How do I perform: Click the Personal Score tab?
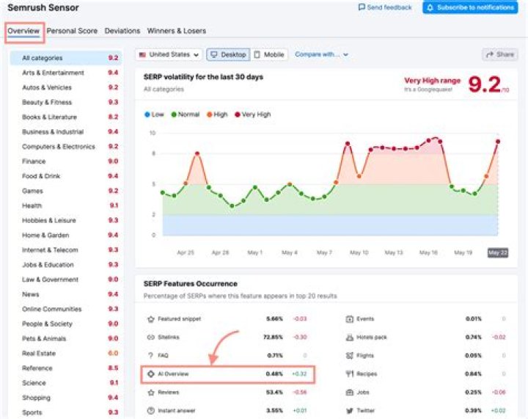(x=72, y=31)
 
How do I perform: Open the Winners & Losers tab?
(x=176, y=31)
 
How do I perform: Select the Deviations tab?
(x=122, y=31)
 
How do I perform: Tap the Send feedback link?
(x=385, y=7)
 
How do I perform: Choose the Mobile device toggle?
(x=269, y=54)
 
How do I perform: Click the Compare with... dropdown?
(x=321, y=54)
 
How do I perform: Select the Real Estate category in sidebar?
(x=39, y=353)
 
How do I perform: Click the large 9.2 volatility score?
(x=485, y=85)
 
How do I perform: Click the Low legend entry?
(x=154, y=114)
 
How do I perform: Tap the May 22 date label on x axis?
(x=498, y=252)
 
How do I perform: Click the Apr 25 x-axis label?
(x=186, y=252)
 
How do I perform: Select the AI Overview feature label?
(x=173, y=374)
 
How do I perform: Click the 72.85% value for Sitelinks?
(x=273, y=338)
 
